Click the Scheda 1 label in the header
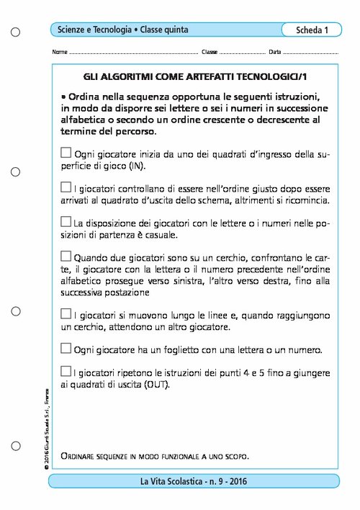(312, 30)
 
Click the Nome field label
(60, 53)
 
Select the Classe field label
(210, 53)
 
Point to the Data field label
(274, 53)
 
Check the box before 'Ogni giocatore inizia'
(66, 153)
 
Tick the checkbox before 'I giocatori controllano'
(66, 187)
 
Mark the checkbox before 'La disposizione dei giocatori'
(66, 221)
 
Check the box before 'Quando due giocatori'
(66, 256)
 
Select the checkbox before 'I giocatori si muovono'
(66, 313)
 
